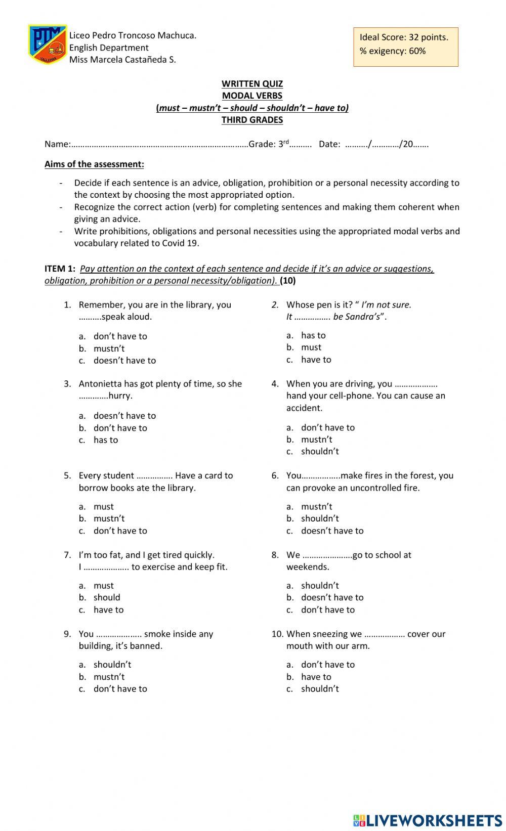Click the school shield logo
(x=47, y=45)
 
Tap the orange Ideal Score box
(x=405, y=47)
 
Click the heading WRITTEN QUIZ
(x=252, y=83)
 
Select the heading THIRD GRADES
(x=252, y=120)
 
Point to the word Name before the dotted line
(x=57, y=144)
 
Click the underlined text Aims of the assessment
(x=94, y=164)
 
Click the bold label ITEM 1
(x=60, y=269)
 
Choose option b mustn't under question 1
(x=109, y=348)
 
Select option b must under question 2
(x=311, y=347)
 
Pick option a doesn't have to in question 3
(x=124, y=416)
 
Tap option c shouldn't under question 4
(x=320, y=452)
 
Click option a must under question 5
(x=103, y=507)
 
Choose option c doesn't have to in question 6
(x=332, y=531)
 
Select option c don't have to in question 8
(x=328, y=610)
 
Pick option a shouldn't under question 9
(x=112, y=665)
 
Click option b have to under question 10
(x=316, y=677)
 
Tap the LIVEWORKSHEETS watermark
(x=428, y=820)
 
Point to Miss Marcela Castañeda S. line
(x=122, y=60)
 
